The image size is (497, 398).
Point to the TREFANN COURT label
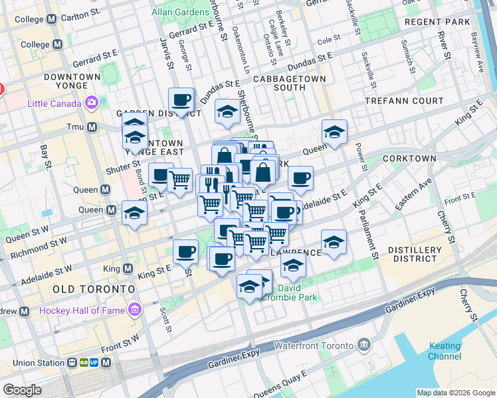[404, 101]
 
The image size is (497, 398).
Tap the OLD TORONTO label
[94, 289]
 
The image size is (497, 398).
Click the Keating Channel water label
[445, 351]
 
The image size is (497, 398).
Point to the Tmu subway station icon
[91, 127]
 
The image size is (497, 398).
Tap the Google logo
[22, 390]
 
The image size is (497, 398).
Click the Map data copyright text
[455, 393]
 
